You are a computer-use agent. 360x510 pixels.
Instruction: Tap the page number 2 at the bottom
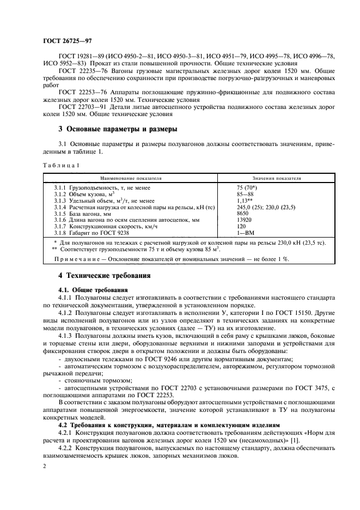click(44, 467)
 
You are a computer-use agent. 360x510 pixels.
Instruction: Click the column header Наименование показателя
click(130, 178)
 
